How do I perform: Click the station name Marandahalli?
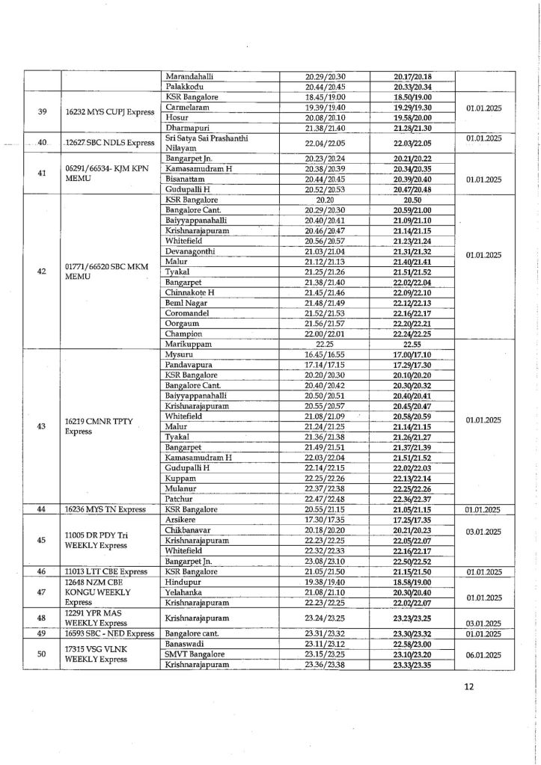pos(192,76)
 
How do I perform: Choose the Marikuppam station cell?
pos(189,343)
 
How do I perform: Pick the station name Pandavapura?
pos(192,363)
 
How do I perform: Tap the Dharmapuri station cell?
pos(189,129)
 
